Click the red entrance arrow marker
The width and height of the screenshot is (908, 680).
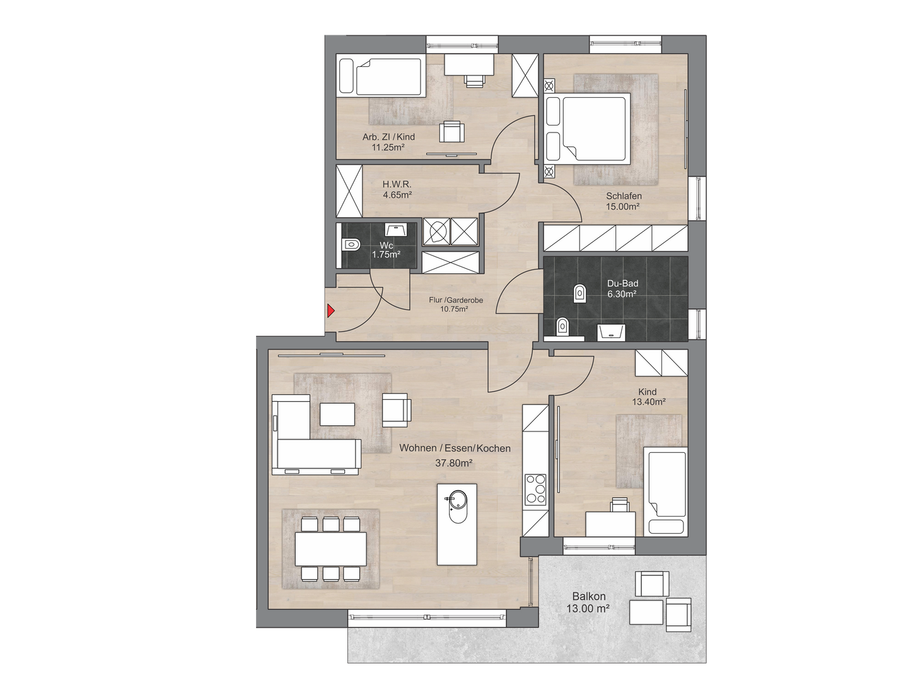[330, 310]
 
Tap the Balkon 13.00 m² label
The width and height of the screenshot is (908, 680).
[589, 602]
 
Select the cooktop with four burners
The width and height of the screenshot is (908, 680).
[535, 489]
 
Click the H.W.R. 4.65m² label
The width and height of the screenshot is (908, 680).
[397, 189]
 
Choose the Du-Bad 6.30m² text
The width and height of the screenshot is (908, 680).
[622, 289]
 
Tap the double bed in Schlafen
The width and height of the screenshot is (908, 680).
[588, 127]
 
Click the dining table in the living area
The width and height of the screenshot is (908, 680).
[331, 548]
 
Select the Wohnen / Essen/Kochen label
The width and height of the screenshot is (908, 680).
[455, 448]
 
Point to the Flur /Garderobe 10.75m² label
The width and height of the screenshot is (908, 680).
[456, 305]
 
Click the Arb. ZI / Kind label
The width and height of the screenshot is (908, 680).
[388, 137]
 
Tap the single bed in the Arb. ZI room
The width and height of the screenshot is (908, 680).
[381, 78]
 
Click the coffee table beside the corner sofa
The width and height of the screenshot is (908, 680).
[337, 414]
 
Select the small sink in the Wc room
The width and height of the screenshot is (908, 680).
[396, 229]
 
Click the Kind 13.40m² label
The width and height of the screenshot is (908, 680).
[648, 396]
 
